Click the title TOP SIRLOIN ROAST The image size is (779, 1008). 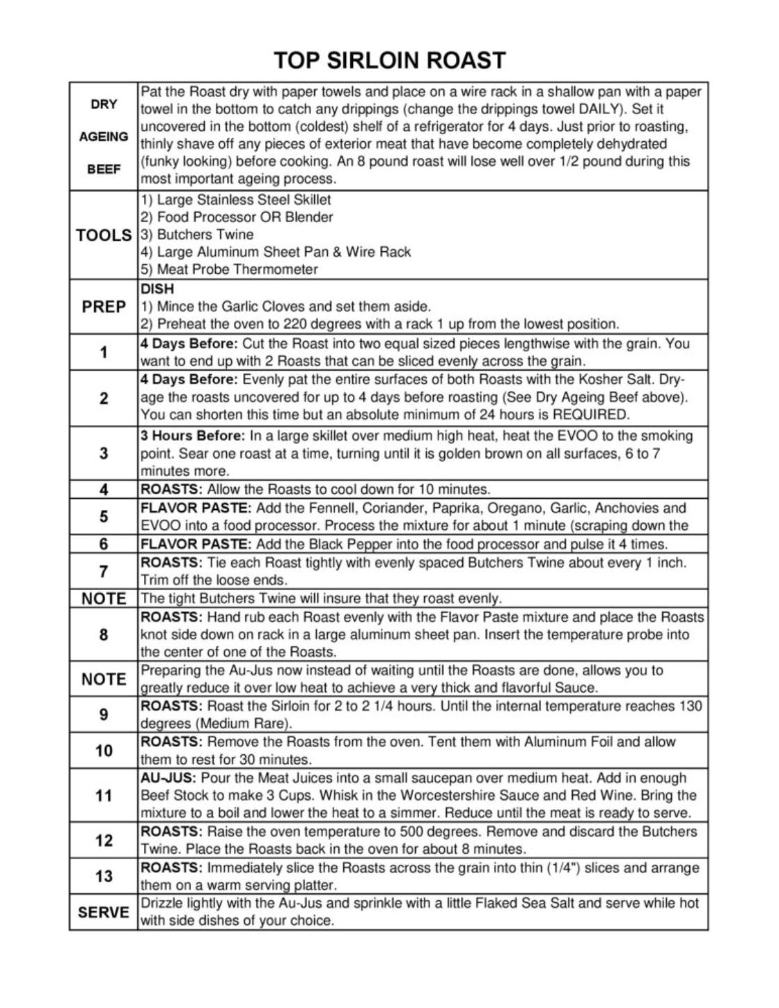tap(389, 61)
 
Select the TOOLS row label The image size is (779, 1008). tap(104, 235)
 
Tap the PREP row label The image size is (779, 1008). tap(104, 307)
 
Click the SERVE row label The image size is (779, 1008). tap(104, 912)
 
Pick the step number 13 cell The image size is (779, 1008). tap(104, 876)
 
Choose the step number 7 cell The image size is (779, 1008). tap(104, 572)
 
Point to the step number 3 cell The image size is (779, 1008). tap(104, 454)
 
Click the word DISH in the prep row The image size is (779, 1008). tap(157, 289)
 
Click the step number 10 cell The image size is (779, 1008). tap(104, 751)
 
